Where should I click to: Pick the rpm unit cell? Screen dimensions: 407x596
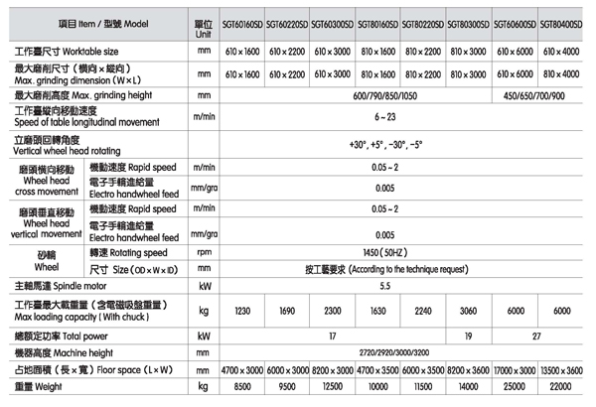204,252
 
